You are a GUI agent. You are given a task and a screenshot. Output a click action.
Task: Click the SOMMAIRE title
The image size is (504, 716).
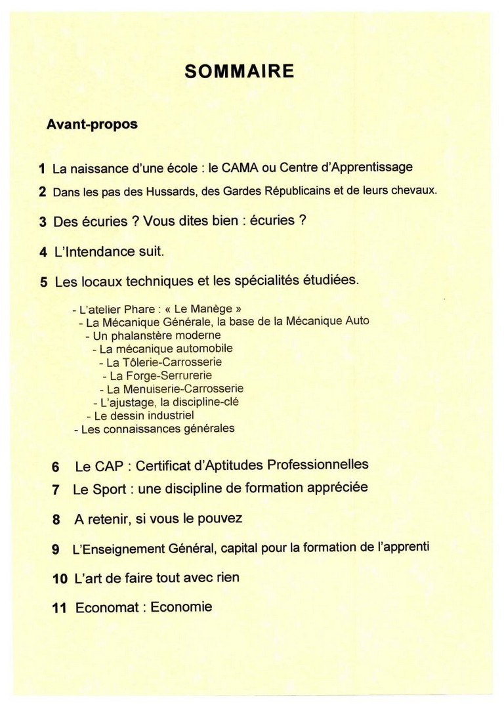pyautogui.click(x=239, y=72)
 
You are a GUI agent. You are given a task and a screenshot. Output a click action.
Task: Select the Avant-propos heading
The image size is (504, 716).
pyautogui.click(x=92, y=124)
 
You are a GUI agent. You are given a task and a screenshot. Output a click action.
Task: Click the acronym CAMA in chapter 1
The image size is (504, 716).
pyautogui.click(x=240, y=167)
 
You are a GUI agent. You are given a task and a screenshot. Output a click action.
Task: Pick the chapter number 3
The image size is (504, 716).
pyautogui.click(x=43, y=222)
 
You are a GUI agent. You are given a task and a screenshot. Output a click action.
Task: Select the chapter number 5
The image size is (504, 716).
pyautogui.click(x=43, y=282)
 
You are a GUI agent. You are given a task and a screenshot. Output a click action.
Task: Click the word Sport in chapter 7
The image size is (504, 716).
pyautogui.click(x=104, y=489)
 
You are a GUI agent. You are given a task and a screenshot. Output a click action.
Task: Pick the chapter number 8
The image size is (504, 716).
pyautogui.click(x=56, y=520)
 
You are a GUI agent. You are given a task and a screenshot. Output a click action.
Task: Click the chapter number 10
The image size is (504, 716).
pyautogui.click(x=59, y=579)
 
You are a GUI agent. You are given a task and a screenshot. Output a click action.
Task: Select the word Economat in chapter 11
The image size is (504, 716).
pyautogui.click(x=107, y=608)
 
